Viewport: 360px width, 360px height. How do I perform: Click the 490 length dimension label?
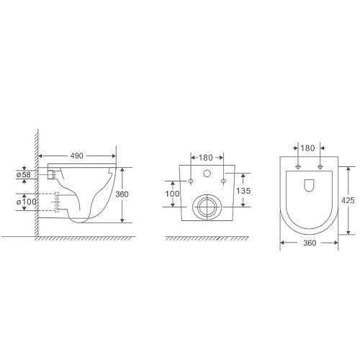coord(77,156)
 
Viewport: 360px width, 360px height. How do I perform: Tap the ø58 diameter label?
coord(24,174)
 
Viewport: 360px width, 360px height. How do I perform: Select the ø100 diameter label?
coord(27,202)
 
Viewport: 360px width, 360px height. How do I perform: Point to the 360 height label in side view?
coord(122,194)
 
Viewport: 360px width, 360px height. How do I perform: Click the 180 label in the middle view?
coord(206,158)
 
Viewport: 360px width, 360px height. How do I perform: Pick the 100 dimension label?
coord(172,194)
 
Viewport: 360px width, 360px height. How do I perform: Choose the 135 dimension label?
coord(243,191)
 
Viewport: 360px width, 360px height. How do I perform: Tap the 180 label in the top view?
coord(307,148)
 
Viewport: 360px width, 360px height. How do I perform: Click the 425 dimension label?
coord(348,200)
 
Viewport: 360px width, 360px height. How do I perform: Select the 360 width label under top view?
coord(310,243)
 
